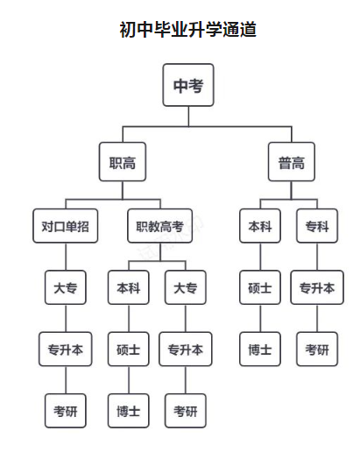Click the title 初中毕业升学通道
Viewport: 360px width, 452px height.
coord(180,30)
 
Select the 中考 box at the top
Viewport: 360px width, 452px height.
coord(188,86)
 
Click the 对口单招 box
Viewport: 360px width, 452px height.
coord(65,226)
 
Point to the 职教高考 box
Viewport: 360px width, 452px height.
coord(159,226)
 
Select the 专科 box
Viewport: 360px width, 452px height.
coord(316,226)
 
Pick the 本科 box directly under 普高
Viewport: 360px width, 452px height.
coord(260,226)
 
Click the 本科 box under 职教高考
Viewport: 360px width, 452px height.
coord(128,287)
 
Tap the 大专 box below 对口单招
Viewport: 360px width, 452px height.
coord(65,287)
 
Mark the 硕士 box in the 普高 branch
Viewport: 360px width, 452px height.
coord(260,287)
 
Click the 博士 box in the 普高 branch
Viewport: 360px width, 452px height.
coord(260,350)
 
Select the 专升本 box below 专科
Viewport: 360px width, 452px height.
coord(316,287)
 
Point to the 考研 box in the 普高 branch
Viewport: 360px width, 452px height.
coord(316,350)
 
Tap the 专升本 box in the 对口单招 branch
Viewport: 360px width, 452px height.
coord(65,350)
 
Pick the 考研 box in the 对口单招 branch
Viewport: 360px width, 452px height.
coord(65,410)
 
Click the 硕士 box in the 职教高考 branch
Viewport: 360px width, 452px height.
coord(128,350)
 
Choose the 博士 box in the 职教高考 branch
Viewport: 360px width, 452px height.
coord(128,410)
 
